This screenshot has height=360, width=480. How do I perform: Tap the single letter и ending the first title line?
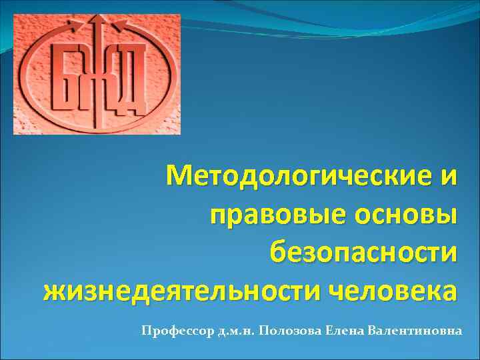point(449,178)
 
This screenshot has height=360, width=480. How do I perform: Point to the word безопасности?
point(363,253)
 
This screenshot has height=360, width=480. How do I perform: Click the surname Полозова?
point(289,331)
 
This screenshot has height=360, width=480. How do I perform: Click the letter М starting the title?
point(181,177)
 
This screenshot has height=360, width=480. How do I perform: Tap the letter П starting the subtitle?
point(145,331)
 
